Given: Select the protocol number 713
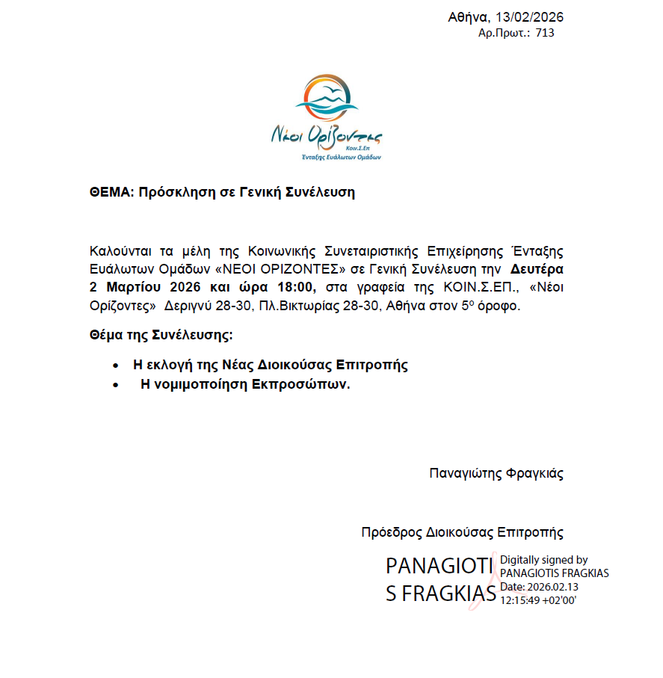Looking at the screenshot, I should (x=545, y=33).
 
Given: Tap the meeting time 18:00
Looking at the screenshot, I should (x=298, y=287).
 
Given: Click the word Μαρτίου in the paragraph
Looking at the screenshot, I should (x=130, y=287).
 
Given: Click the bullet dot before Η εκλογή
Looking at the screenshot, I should (x=114, y=366).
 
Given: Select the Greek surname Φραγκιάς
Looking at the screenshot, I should (x=534, y=473).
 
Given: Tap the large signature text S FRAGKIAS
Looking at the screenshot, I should (x=441, y=594).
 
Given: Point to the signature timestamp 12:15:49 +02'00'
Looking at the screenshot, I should (x=538, y=600).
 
